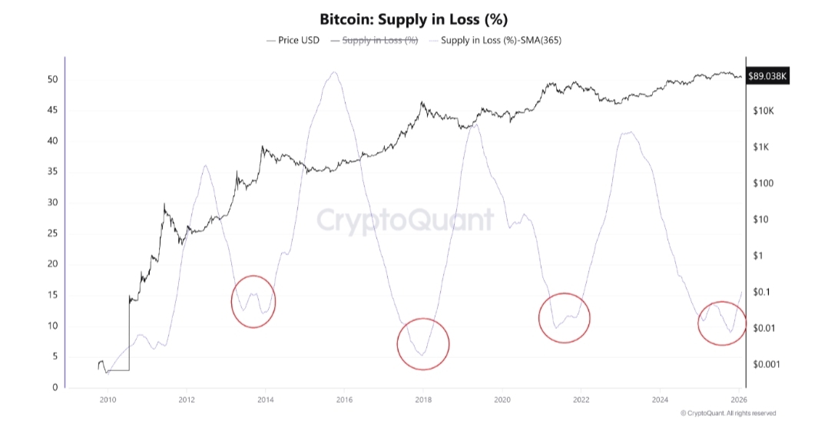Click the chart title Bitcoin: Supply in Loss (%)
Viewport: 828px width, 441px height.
pyautogui.click(x=414, y=18)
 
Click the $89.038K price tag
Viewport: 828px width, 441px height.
pyautogui.click(x=768, y=76)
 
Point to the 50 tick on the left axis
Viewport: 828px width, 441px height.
pyautogui.click(x=53, y=80)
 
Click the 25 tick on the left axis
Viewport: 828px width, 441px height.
pyautogui.click(x=53, y=234)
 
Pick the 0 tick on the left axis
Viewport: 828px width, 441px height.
pyautogui.click(x=55, y=387)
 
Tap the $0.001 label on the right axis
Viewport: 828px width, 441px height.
pyautogui.click(x=767, y=364)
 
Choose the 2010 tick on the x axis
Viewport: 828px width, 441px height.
pyautogui.click(x=107, y=400)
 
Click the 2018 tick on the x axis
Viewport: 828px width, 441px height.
pyautogui.click(x=423, y=400)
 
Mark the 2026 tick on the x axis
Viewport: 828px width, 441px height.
pyautogui.click(x=739, y=400)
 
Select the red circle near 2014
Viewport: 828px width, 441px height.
pyautogui.click(x=253, y=302)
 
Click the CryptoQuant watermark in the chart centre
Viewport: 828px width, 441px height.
pyautogui.click(x=406, y=220)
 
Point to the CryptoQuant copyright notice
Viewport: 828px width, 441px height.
pyautogui.click(x=728, y=413)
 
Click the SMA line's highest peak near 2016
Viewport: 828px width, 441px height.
pyautogui.click(x=333, y=72)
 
